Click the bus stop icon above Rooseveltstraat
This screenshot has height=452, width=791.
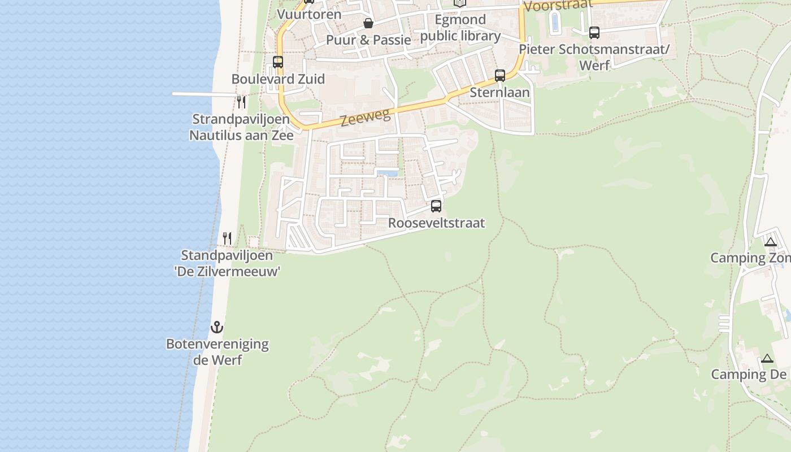point(436,206)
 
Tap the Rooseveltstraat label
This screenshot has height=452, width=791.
point(436,223)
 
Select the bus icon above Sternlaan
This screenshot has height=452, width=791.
point(499,76)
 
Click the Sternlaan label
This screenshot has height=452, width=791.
point(500,92)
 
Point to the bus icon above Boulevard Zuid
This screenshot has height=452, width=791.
point(278,62)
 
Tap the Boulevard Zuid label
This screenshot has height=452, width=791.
point(278,79)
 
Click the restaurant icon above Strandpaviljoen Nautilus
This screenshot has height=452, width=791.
point(241,102)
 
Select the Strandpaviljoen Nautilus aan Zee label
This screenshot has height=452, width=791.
point(241,127)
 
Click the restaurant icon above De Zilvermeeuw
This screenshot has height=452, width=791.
point(227,238)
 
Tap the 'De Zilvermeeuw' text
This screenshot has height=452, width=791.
point(227,271)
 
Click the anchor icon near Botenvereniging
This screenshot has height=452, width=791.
point(217,327)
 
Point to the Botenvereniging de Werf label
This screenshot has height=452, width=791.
point(218,351)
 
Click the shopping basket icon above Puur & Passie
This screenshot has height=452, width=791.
point(368,23)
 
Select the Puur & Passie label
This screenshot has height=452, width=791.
point(368,40)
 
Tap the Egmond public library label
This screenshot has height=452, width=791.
point(460,28)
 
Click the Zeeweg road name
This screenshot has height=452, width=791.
point(366,118)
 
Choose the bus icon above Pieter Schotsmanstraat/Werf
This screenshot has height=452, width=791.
point(594,33)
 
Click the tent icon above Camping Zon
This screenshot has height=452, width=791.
point(770,242)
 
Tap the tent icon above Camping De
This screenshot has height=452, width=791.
point(767,358)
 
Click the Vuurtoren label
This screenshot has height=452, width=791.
point(309,14)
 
